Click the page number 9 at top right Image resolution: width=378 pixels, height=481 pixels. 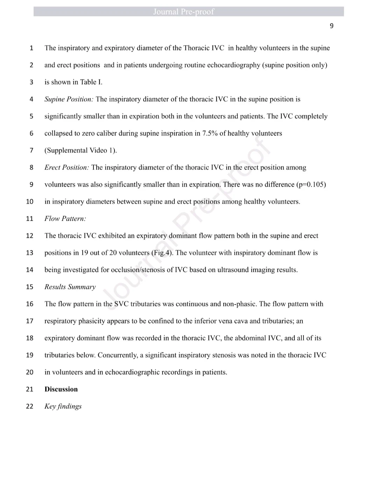331,26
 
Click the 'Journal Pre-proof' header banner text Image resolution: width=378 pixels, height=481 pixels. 183,12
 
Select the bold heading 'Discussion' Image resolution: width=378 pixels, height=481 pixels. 61,389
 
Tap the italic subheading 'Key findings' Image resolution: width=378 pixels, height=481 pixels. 63,406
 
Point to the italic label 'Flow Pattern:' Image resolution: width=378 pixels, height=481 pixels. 65,219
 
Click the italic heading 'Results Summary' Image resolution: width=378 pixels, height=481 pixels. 70,287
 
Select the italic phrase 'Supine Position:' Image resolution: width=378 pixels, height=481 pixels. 69,99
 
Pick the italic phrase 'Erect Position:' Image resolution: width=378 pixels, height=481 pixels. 66,167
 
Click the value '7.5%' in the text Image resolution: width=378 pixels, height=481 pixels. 210,133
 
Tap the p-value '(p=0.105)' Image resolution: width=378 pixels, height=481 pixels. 311,185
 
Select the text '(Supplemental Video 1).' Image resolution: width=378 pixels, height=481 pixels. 80,151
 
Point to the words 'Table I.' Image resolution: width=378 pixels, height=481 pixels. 91,82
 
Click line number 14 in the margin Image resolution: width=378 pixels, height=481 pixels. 30,270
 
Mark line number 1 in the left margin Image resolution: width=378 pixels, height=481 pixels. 31,48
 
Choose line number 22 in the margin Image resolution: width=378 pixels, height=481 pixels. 30,406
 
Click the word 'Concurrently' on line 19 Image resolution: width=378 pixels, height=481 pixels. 117,355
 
